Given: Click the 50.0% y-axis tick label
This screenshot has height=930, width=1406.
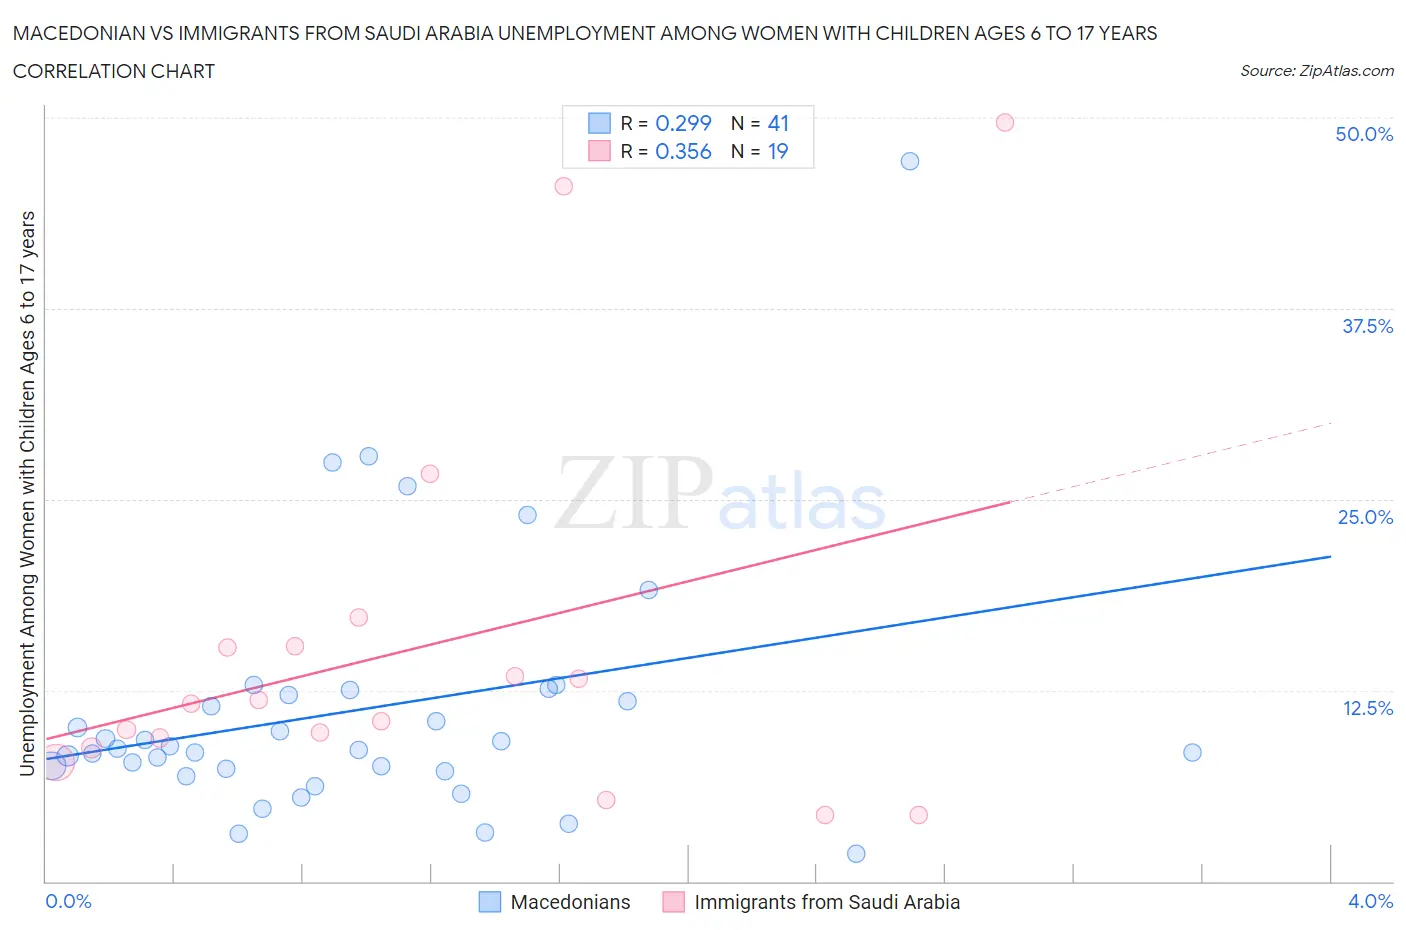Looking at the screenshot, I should [1363, 134].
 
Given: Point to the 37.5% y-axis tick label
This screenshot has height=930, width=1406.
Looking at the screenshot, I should [1366, 326].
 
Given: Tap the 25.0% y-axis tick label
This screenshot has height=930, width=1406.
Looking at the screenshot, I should [1364, 517].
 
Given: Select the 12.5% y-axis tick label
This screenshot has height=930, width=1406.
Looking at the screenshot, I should [1366, 708].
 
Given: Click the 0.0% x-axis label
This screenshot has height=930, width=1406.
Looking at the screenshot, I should [68, 901].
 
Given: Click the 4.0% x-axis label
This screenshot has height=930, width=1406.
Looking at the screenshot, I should [1369, 901].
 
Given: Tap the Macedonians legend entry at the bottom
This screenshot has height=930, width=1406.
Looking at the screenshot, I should [569, 902].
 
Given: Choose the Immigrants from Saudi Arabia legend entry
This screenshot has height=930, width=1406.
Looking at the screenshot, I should [826, 902].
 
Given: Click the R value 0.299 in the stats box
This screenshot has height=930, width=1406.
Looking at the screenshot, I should [683, 123].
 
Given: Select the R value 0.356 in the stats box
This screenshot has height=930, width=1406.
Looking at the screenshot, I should [683, 151].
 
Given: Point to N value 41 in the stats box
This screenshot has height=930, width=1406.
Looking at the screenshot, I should [778, 123].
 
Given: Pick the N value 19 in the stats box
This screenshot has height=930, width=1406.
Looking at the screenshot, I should [778, 151].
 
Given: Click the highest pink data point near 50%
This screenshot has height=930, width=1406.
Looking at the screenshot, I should [1005, 122].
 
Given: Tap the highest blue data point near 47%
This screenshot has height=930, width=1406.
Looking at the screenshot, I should [909, 161].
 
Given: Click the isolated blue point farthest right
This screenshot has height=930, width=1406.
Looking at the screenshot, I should [1192, 752].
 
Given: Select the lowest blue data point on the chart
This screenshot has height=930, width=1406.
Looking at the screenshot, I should [856, 853].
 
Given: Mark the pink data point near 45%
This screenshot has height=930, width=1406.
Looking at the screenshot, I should [563, 186].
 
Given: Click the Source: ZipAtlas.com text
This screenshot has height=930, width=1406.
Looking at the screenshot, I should [1316, 70].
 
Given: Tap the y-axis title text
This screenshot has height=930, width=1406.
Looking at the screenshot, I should [27, 493].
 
